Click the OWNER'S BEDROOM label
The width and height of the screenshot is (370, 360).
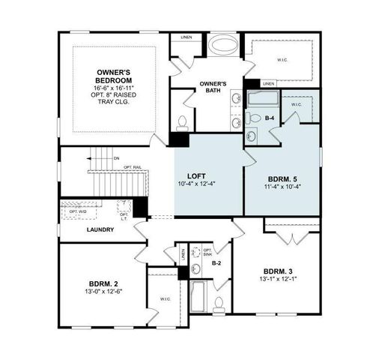click(x=115, y=76)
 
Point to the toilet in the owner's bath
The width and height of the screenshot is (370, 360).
click(x=182, y=121)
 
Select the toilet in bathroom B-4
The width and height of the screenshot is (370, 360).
click(x=252, y=135)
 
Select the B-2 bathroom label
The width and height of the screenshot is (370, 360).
click(x=216, y=263)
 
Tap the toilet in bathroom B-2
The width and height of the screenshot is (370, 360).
click(x=219, y=304)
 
